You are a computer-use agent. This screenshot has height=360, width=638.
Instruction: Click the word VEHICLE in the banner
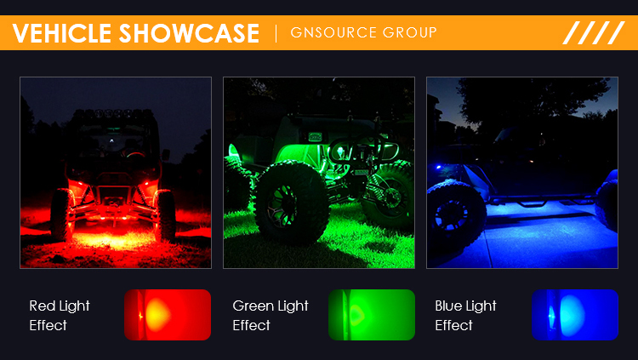[62, 33]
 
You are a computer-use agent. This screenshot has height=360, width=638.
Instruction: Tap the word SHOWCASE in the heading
[189, 33]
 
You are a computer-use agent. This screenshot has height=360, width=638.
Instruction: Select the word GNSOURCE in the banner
[333, 32]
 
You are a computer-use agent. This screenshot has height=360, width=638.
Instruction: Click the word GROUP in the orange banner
[410, 32]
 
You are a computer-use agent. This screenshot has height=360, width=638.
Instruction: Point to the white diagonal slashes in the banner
[594, 32]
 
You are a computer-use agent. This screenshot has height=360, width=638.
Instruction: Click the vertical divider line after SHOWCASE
[276, 33]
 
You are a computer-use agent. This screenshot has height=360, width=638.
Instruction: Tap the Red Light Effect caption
[60, 315]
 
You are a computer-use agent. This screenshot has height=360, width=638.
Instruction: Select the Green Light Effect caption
[271, 315]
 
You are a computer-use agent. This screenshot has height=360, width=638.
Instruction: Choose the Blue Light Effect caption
[465, 315]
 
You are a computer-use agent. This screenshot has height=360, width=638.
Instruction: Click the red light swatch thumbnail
[168, 315]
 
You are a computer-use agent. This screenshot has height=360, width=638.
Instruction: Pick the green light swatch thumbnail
[372, 315]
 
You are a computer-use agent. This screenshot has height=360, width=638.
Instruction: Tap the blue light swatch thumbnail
[575, 315]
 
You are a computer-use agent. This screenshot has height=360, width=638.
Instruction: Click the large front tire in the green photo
[291, 202]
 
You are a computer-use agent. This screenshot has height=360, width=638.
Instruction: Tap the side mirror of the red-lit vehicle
[166, 155]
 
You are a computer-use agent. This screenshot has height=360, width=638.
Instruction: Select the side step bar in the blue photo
[541, 200]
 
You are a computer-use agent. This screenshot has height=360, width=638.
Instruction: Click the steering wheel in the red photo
[135, 154]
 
